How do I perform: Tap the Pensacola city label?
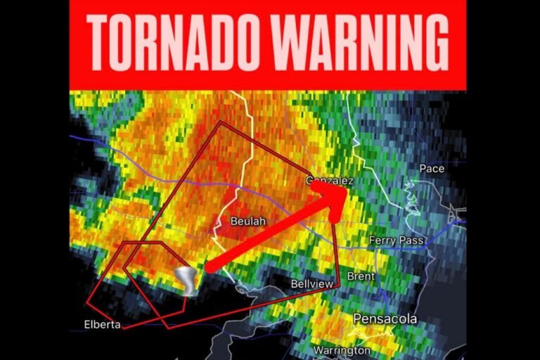coord(385,319)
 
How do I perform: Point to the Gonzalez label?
coord(329,181)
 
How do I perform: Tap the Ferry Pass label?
coord(397,240)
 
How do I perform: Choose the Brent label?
coord(361,276)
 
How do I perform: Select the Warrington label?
coord(342,349)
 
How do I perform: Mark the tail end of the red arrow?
coord(209,266)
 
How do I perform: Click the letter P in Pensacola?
coord(359,319)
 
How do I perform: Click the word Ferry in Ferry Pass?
coord(383,240)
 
